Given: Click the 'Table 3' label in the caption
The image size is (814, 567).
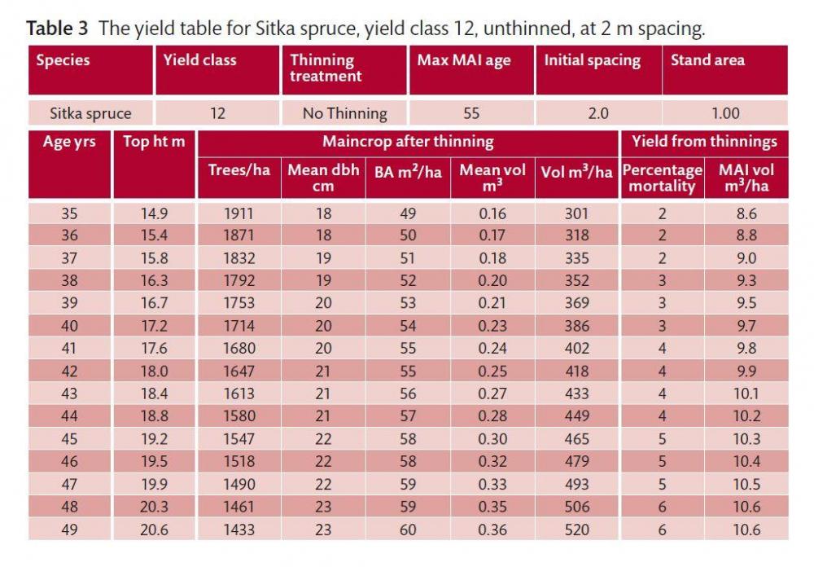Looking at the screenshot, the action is click(58, 29).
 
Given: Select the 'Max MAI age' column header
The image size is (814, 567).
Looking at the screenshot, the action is click(464, 60).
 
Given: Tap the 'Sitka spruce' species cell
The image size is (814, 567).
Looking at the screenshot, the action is click(90, 113).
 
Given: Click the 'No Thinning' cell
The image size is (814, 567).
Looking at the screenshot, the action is click(344, 113).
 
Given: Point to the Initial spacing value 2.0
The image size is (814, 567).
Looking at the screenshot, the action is click(598, 113).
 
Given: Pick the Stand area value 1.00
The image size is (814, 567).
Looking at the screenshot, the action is click(725, 113).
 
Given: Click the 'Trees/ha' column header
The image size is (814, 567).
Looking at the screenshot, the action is click(239, 170).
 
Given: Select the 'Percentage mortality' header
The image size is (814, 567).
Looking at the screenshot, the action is click(662, 178).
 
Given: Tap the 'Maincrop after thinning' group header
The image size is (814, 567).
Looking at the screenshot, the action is click(408, 142).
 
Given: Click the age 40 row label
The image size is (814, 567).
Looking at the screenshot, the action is click(69, 326).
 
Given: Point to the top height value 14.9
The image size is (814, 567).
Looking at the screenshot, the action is click(154, 213).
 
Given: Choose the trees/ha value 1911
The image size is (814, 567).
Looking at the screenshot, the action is click(239, 213).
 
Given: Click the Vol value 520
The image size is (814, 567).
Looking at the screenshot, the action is click(577, 530).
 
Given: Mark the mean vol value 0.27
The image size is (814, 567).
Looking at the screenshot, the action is click(492, 393).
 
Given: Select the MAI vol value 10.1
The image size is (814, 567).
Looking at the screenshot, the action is click(746, 393).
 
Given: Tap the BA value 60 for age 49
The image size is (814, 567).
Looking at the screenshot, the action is click(408, 530).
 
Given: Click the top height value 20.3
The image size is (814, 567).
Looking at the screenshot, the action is click(154, 507).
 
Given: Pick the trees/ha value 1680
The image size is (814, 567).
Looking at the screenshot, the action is click(239, 348).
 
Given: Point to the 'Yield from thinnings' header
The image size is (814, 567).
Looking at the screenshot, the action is click(704, 142).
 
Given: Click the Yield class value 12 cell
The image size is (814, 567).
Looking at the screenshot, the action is click(217, 113).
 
